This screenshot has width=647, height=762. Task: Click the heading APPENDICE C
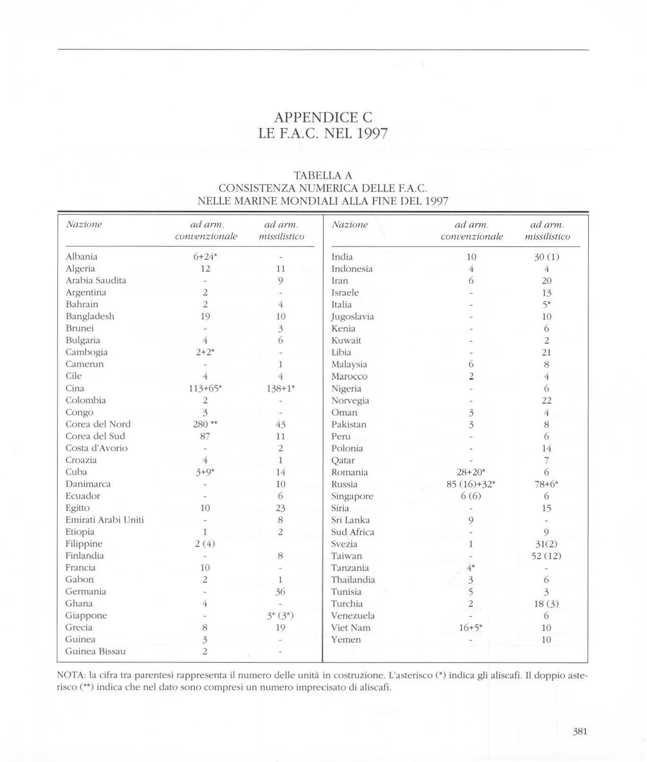323,117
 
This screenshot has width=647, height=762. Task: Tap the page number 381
579,731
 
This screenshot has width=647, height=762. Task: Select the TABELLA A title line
323,176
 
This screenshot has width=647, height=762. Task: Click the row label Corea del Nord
98,424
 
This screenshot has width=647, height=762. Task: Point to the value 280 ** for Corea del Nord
205,424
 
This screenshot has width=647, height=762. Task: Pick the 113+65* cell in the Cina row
205,388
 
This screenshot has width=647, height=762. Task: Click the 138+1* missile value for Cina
281,388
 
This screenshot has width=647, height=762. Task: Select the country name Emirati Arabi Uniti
105,520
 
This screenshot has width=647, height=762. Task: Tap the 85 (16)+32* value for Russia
471,484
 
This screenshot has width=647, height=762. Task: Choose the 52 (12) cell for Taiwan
546,556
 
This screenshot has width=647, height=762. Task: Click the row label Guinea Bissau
96,651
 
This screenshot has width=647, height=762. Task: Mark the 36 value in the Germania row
280,592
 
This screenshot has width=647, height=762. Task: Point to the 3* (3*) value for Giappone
280,615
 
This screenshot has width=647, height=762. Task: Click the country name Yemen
346,640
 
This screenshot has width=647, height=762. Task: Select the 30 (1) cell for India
546,257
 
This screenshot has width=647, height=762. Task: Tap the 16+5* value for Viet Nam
471,628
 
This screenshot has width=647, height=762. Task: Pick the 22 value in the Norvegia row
547,400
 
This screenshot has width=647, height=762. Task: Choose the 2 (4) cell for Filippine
205,544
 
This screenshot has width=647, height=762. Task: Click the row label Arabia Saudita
96,280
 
